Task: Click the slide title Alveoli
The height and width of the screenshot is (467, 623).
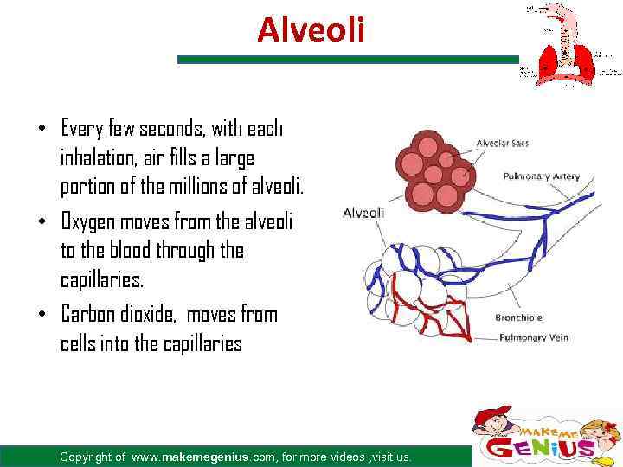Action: click(311, 31)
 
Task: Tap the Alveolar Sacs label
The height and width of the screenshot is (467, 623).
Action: click(502, 143)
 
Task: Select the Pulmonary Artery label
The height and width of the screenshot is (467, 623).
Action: click(542, 176)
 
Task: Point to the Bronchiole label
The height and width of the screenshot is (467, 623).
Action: click(518, 318)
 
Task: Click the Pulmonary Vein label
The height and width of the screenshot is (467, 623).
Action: click(533, 337)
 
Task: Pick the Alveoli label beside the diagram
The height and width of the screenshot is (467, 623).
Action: click(364, 213)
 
